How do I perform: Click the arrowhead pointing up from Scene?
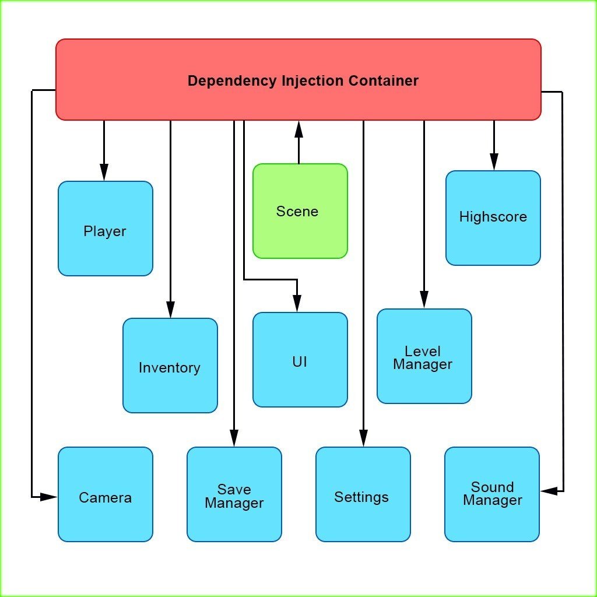tap(299, 129)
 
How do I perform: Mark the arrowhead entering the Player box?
tap(104, 173)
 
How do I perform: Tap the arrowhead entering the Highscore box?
tap(494, 162)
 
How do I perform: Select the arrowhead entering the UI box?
tap(297, 304)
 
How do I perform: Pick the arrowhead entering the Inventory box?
tap(170, 310)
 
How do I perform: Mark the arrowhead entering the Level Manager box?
tap(424, 300)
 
